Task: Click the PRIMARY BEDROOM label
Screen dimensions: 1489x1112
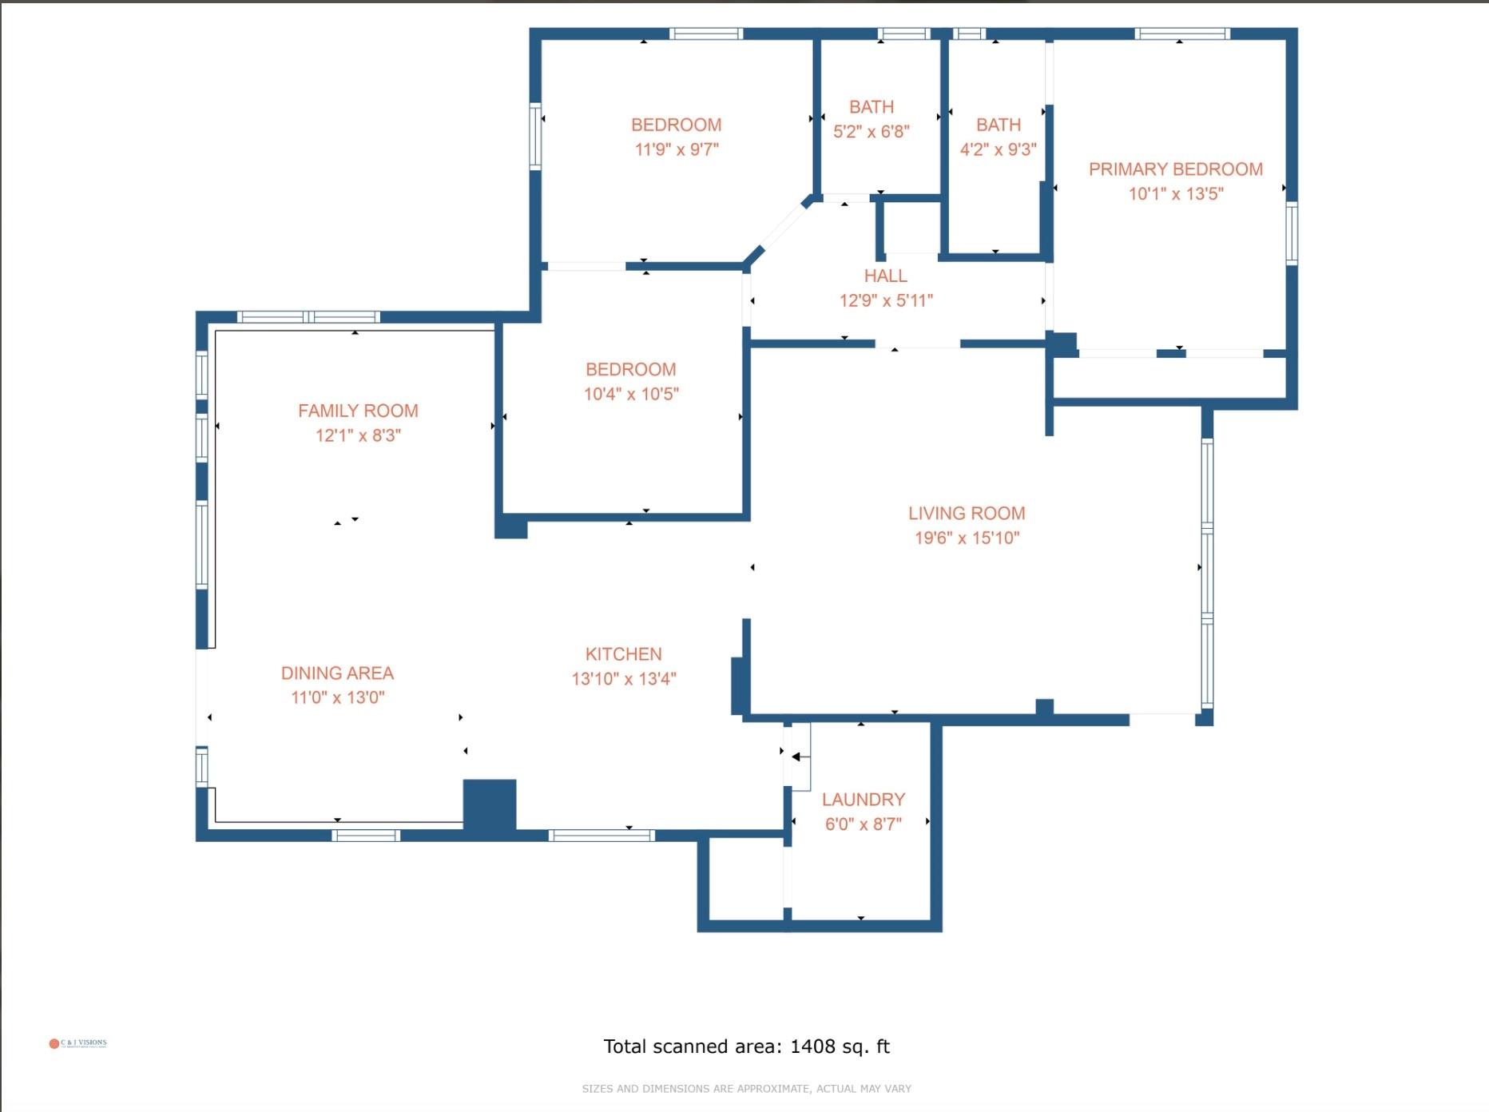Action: pos(1175,169)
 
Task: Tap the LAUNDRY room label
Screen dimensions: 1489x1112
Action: pos(864,800)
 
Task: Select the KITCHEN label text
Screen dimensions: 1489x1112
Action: pos(623,654)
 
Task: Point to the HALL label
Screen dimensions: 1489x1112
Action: pos(885,276)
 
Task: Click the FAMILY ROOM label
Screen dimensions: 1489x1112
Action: pos(358,411)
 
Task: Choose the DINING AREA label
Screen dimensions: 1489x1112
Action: pos(337,673)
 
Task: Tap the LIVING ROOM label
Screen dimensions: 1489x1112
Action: pos(967,514)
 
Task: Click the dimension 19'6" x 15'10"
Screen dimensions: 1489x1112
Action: pos(967,538)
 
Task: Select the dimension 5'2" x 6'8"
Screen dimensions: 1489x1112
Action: pos(871,131)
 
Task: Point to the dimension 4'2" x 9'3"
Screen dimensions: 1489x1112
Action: pos(998,149)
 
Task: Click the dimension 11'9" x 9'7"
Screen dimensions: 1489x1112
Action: pos(677,149)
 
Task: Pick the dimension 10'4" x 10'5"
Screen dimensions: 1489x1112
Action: pos(631,394)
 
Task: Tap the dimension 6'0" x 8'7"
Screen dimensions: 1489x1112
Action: pos(864,824)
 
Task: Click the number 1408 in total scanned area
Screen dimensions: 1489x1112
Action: pos(812,1046)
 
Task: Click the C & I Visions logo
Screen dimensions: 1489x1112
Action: pos(77,1043)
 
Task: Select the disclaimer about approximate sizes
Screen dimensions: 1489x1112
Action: pos(746,1089)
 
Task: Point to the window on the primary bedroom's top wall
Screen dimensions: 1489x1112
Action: pos(1182,34)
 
